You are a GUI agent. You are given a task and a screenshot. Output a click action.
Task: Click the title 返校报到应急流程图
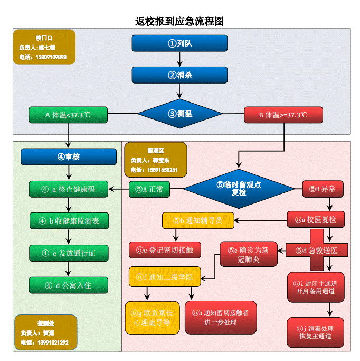pos(179,21)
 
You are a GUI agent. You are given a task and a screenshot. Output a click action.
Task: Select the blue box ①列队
pos(179,43)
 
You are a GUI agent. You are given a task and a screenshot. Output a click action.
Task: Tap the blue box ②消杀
pos(179,75)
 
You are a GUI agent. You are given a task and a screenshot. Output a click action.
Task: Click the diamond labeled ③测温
pos(179,114)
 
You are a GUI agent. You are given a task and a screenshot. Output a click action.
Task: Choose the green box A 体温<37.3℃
pos(68,115)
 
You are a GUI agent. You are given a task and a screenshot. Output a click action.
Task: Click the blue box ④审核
pos(68,157)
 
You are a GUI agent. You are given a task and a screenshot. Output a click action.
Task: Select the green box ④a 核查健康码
pos(68,189)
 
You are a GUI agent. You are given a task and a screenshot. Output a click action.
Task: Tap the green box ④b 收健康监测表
pos(68,221)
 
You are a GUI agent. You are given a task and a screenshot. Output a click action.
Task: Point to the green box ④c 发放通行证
pos(68,253)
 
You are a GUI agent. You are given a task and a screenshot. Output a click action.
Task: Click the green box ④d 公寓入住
pos(68,285)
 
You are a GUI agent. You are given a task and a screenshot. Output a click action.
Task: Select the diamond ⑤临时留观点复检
pos(231,189)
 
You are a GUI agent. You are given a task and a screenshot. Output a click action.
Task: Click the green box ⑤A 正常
pos(149,189)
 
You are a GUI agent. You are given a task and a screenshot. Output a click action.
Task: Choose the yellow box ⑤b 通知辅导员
pos(197,220)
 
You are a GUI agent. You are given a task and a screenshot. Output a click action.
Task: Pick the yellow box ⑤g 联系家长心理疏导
pos(153,318)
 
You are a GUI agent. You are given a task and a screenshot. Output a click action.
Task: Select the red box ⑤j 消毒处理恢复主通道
pos(315,332)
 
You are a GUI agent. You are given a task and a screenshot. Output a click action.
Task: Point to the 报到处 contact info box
pos(45,332)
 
